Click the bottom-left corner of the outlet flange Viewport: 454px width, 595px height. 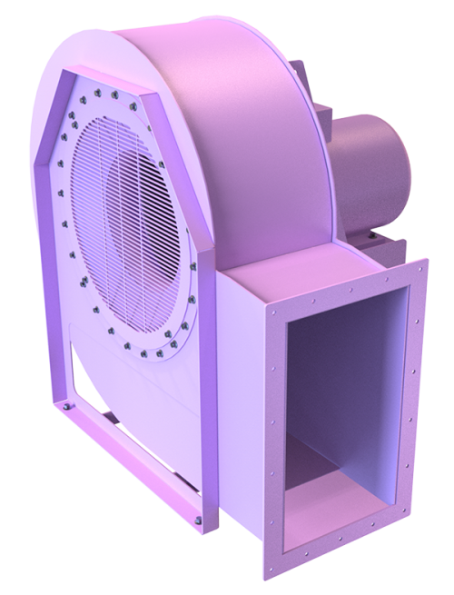(271, 581)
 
